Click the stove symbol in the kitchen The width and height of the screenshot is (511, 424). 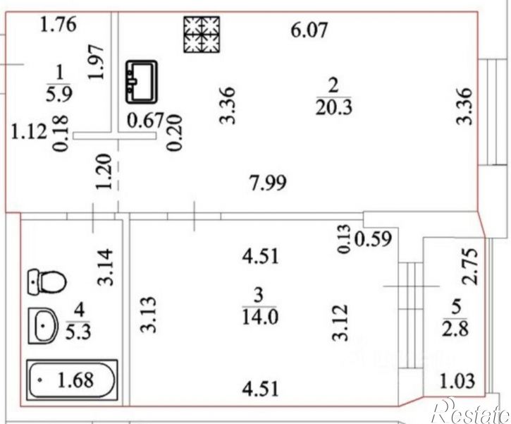pos(202,35)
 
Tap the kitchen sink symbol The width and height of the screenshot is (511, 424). pos(142,82)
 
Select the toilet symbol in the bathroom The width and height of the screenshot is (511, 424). pos(47,282)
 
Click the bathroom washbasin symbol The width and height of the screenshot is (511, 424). pos(43,325)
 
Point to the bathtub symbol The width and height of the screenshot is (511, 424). pos(72,380)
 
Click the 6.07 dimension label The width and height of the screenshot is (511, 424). pos(309,31)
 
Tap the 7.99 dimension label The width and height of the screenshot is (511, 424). pos(268,182)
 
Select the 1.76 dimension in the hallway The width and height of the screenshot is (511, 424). pos(59,25)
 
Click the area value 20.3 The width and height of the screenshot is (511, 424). pos(333,107)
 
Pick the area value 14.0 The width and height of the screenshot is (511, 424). pos(260,317)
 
